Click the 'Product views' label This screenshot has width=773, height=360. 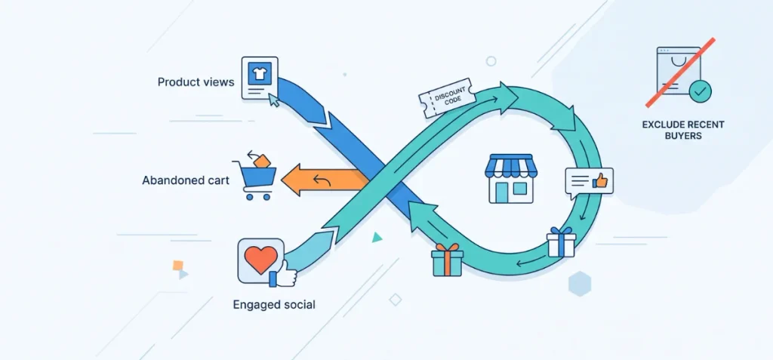point(196,82)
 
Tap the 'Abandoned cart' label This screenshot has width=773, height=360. point(186,180)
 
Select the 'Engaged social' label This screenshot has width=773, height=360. point(273,305)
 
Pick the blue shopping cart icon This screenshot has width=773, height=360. point(254,180)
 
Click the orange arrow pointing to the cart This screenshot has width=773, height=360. point(325,181)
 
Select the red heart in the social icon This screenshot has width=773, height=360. point(260,258)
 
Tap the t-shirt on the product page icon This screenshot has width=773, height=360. point(259,74)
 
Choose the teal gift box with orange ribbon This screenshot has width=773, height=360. point(447,260)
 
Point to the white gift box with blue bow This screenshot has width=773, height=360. point(561,242)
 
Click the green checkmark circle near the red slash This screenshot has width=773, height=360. point(700,91)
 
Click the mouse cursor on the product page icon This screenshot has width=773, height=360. point(274,101)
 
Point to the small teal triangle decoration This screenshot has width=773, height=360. point(377,238)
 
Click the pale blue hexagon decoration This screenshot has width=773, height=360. point(580,284)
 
